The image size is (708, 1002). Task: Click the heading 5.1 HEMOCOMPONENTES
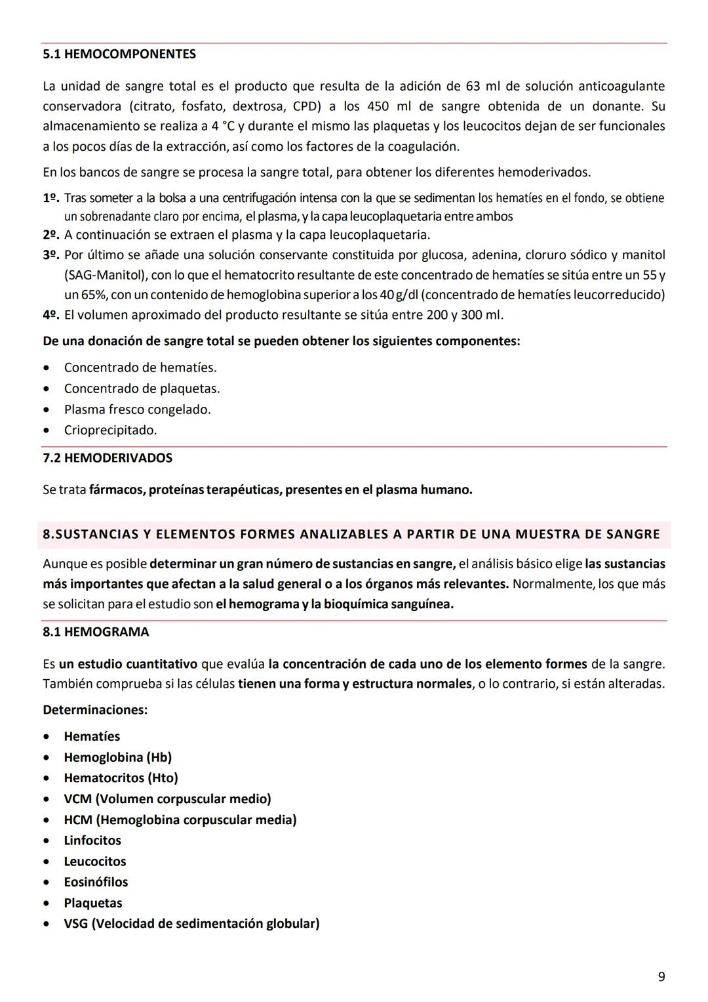click(119, 54)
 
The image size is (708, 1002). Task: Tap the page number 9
click(661, 976)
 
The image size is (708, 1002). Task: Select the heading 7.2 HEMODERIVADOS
click(108, 458)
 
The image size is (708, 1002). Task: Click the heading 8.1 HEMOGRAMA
click(96, 632)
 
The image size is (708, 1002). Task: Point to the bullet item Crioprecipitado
click(110, 430)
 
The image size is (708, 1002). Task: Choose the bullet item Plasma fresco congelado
click(137, 409)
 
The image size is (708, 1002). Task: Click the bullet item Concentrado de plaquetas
click(142, 388)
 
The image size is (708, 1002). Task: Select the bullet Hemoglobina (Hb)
click(117, 757)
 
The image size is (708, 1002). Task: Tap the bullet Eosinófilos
click(96, 882)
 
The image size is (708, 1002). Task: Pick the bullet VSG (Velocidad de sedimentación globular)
click(191, 924)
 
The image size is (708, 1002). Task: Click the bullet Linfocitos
click(92, 841)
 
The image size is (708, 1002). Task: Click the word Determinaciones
click(94, 710)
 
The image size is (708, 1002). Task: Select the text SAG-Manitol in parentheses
click(106, 275)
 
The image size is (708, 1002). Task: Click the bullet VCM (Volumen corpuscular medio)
click(167, 799)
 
